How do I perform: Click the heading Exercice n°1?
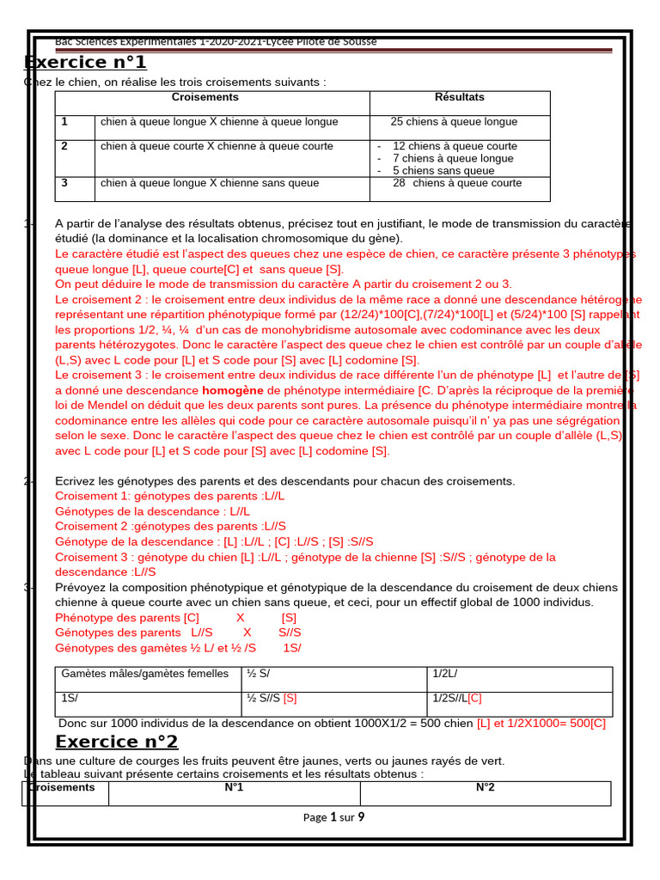point(85,63)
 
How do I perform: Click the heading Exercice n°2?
point(117,742)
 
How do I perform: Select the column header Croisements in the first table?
point(205,98)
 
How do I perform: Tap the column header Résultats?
point(460,98)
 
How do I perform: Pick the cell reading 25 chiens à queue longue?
point(454,122)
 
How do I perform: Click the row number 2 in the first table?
point(64,146)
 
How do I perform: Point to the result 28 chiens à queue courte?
point(457,183)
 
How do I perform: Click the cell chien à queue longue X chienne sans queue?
point(210,183)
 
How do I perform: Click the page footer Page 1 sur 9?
point(333,817)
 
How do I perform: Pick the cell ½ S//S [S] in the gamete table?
point(272,697)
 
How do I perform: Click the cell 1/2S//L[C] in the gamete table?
point(457,697)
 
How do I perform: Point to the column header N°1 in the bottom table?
point(234,787)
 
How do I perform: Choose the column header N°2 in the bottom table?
point(485,787)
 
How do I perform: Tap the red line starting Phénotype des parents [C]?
point(176,618)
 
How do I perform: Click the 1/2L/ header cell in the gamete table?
point(445,674)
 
